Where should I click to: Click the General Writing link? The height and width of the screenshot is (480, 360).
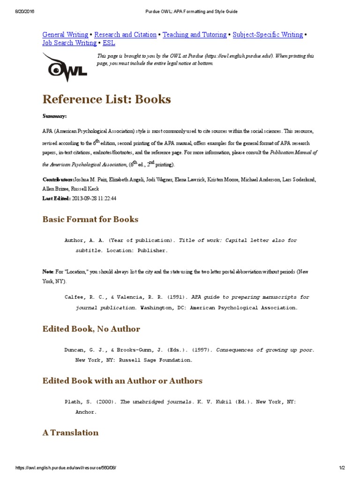coord(65,35)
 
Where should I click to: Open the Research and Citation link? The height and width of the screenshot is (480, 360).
coord(125,35)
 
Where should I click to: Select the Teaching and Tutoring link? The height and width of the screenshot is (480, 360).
coord(195,35)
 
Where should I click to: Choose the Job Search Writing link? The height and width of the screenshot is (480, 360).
coord(69,43)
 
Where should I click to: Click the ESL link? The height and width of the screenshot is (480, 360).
coord(109,43)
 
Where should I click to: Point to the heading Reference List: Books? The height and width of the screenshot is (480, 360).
coord(106,99)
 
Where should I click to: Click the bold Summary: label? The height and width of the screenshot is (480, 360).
coord(54,115)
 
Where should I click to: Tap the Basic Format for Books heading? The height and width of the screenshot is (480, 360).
coord(90,219)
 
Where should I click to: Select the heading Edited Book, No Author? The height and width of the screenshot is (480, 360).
coord(91,329)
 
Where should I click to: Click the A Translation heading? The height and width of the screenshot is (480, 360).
coord(70,433)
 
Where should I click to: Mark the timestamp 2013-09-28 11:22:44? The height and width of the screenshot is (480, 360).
coord(94,198)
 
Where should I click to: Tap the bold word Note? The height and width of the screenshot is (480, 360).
coord(48,272)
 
